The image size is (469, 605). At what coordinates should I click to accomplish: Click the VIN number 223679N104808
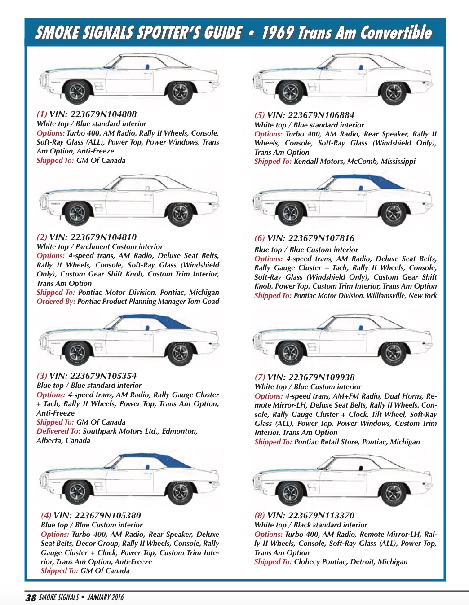[x=103, y=114]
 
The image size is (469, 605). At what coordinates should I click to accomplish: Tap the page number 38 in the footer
[x=31, y=597]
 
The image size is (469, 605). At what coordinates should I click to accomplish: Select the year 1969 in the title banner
[x=277, y=33]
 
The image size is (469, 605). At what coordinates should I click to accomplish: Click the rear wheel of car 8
[x=393, y=491]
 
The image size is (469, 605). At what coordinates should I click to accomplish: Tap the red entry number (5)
[x=260, y=115]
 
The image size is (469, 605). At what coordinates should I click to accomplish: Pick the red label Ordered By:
[x=56, y=302]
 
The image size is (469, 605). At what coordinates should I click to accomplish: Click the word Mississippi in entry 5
[x=398, y=162]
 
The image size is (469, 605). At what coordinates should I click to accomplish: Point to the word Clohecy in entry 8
[x=309, y=562]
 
